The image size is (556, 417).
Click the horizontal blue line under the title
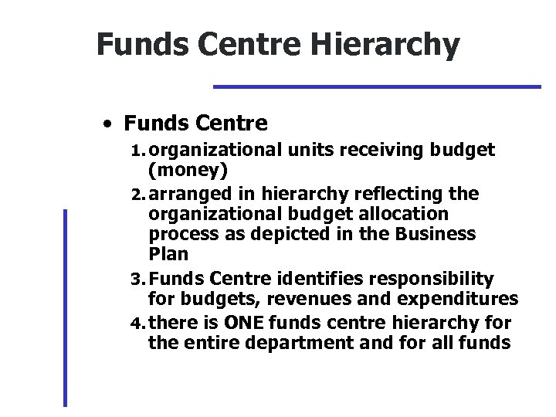[377, 86]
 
